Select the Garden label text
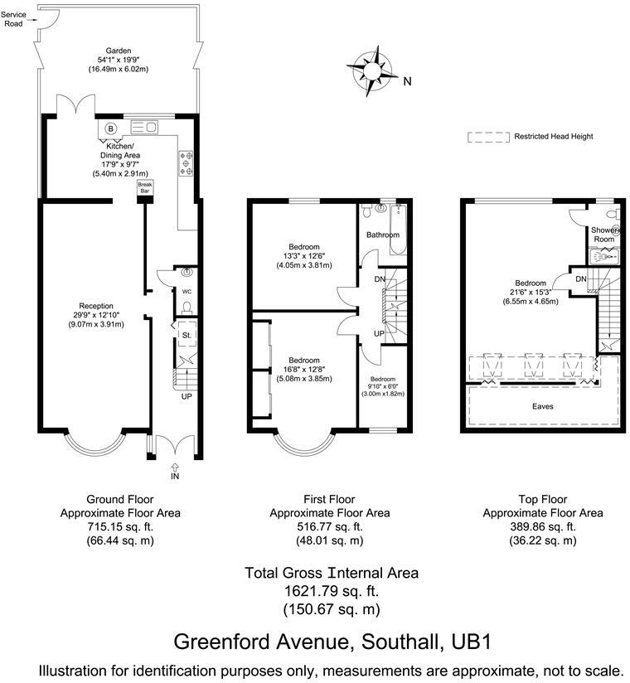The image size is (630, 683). [x=119, y=51]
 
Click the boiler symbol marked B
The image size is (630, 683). [x=110, y=128]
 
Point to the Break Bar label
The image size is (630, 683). [x=144, y=187]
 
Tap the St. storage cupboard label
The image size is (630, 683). [x=187, y=336]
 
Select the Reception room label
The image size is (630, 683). [x=96, y=306]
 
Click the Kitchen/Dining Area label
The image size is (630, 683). [x=121, y=149]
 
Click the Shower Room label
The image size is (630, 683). [x=603, y=235]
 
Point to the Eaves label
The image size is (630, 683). [x=543, y=407]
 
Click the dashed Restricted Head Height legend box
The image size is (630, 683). [x=486, y=137]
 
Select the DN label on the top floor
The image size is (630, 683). [x=581, y=279]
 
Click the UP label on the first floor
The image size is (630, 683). [x=378, y=332]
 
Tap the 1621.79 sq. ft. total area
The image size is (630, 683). [x=332, y=591]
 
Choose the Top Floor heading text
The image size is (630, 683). [x=543, y=499]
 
